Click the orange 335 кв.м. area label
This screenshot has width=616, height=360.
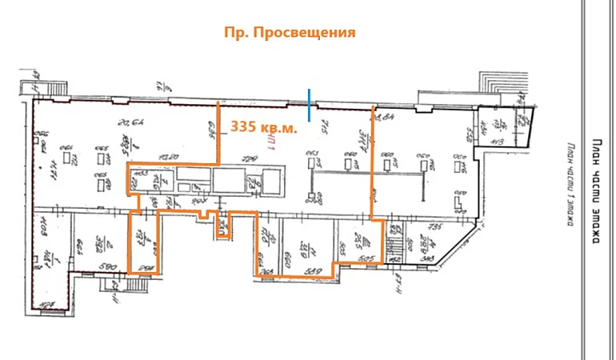(263, 126)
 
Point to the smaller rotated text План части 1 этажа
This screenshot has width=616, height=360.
(571, 185)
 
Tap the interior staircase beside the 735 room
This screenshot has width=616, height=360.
(395, 245)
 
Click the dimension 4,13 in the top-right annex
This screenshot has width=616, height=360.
(498, 142)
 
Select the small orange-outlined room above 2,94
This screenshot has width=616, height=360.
(143, 240)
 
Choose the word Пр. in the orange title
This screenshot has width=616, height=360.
(236, 33)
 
